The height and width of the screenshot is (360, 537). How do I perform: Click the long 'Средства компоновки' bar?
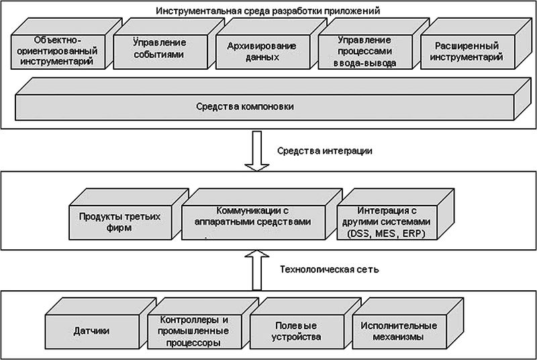pos(254,107)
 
